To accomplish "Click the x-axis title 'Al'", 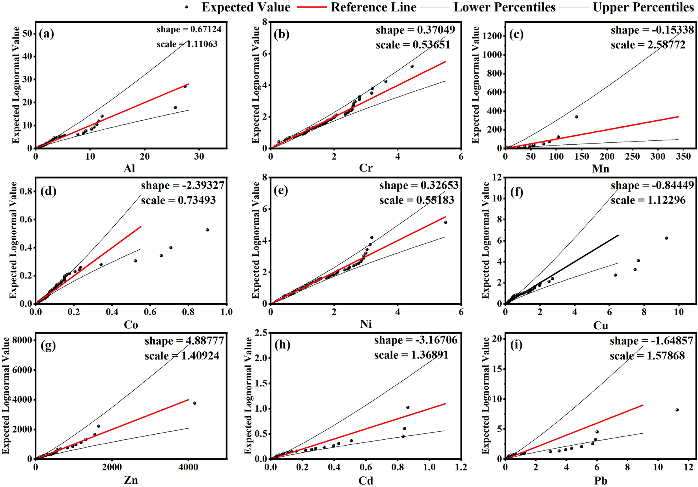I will click(129, 169).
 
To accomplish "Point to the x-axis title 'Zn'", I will click(131, 480).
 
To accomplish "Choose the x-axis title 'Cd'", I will click(366, 480).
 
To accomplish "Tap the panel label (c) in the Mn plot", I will click(516, 34).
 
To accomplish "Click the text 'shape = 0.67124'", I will click(189, 30).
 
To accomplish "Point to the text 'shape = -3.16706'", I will click(416, 340).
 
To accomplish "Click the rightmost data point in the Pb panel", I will click(677, 410).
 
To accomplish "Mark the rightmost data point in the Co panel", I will click(207, 230).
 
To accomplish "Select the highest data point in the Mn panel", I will click(576, 117).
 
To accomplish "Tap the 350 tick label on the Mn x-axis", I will click(683, 157).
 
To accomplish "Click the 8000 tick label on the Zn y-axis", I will click(22, 340).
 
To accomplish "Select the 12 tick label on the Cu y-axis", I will click(497, 178).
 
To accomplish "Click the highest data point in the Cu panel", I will click(666, 238).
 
